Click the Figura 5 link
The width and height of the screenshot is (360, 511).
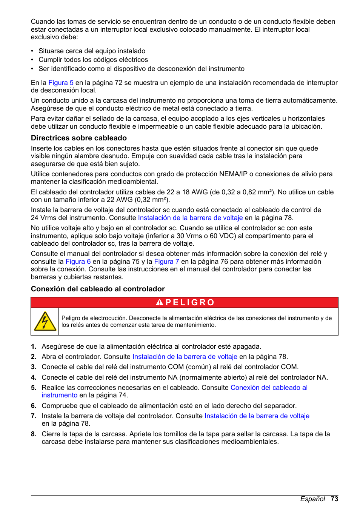(x=61, y=83)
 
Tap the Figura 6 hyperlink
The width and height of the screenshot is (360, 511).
(x=78, y=262)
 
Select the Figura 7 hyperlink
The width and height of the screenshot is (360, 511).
(x=166, y=262)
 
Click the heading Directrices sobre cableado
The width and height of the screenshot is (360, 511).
(x=78, y=138)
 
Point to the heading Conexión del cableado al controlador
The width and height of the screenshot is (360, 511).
(x=98, y=289)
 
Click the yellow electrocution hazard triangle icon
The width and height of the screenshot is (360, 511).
(x=45, y=322)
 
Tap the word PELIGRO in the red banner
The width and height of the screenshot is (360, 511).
(x=190, y=303)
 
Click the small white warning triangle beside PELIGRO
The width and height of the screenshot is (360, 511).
(x=160, y=303)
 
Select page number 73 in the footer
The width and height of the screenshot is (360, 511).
(x=334, y=499)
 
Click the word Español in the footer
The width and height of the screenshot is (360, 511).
(x=312, y=499)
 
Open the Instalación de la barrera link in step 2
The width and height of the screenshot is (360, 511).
(x=185, y=357)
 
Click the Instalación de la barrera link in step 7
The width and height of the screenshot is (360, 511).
(x=257, y=416)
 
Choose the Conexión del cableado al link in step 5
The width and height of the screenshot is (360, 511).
(x=269, y=388)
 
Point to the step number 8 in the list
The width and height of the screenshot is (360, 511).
(x=34, y=434)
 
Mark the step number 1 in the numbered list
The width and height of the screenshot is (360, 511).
(x=34, y=346)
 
